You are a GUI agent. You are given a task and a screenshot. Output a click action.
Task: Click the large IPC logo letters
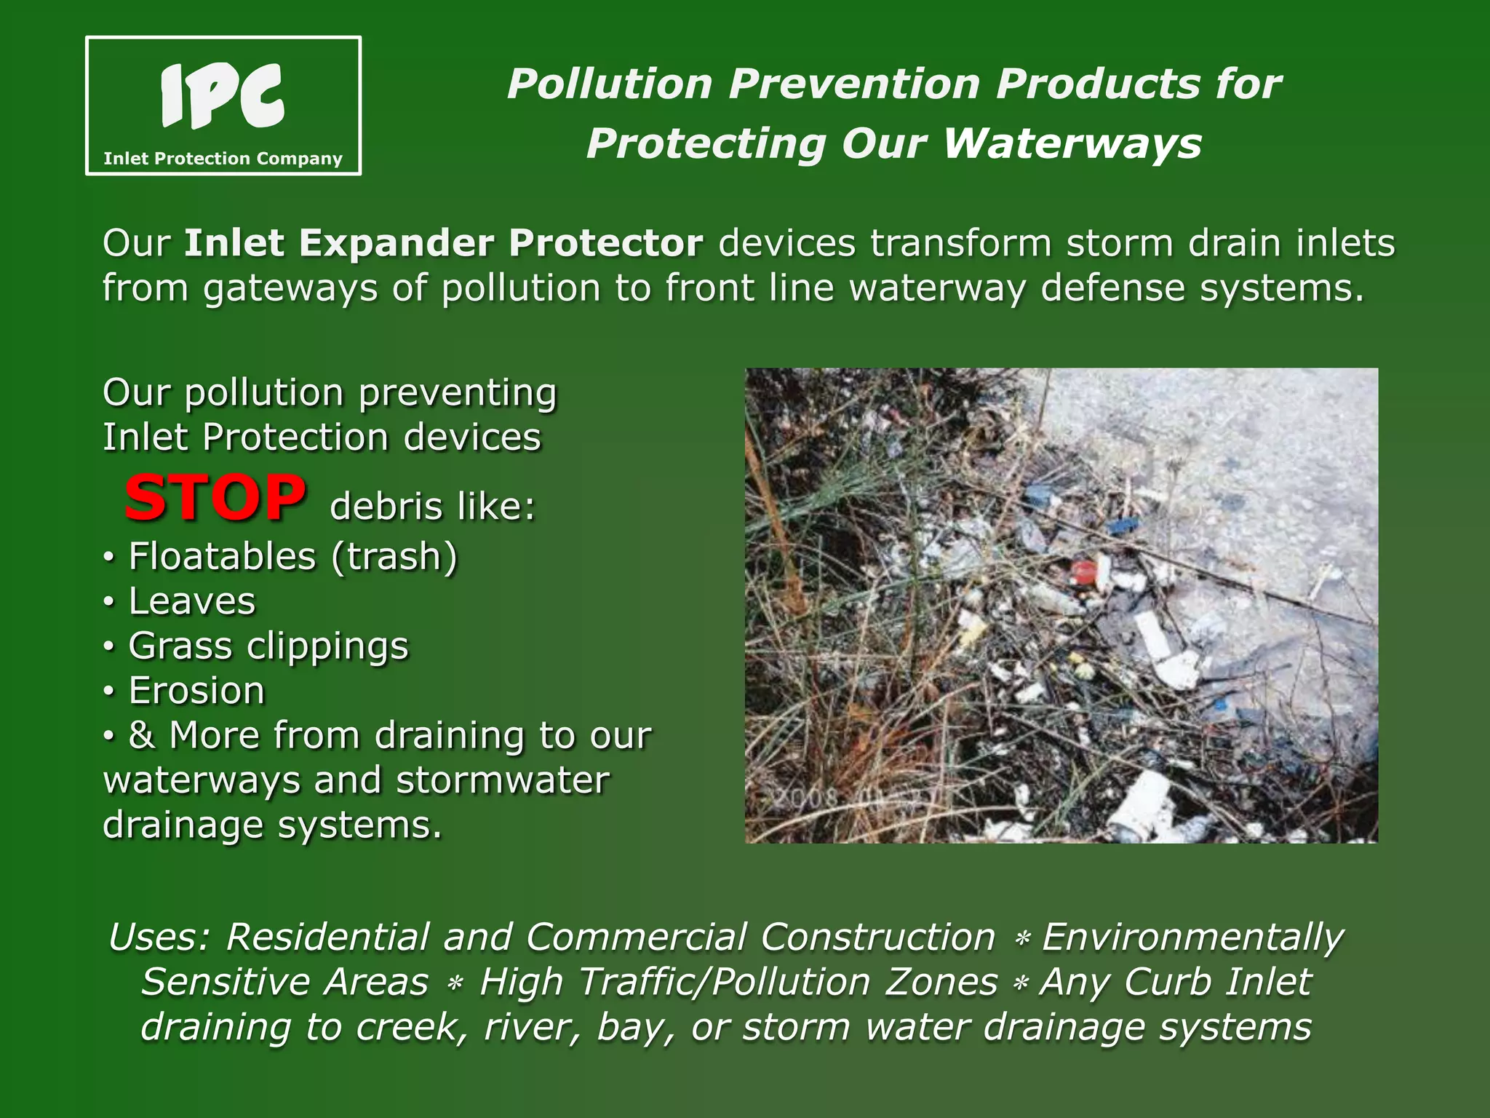click(222, 97)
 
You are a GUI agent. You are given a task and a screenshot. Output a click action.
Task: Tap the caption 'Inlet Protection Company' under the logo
click(223, 159)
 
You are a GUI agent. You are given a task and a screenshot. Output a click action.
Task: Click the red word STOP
click(215, 498)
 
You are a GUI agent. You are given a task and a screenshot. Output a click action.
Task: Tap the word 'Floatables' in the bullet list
click(223, 557)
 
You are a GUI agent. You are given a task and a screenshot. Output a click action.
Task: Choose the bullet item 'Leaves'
click(192, 602)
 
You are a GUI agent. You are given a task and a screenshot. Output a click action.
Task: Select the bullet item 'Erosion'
click(196, 691)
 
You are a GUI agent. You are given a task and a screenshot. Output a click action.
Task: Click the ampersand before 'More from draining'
click(141, 735)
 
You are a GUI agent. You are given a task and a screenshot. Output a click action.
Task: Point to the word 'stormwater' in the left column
click(503, 781)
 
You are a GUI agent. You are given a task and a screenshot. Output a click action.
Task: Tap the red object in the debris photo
click(1083, 571)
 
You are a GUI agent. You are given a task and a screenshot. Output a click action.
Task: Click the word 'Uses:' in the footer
click(159, 937)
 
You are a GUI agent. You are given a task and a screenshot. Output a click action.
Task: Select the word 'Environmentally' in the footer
click(1192, 937)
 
